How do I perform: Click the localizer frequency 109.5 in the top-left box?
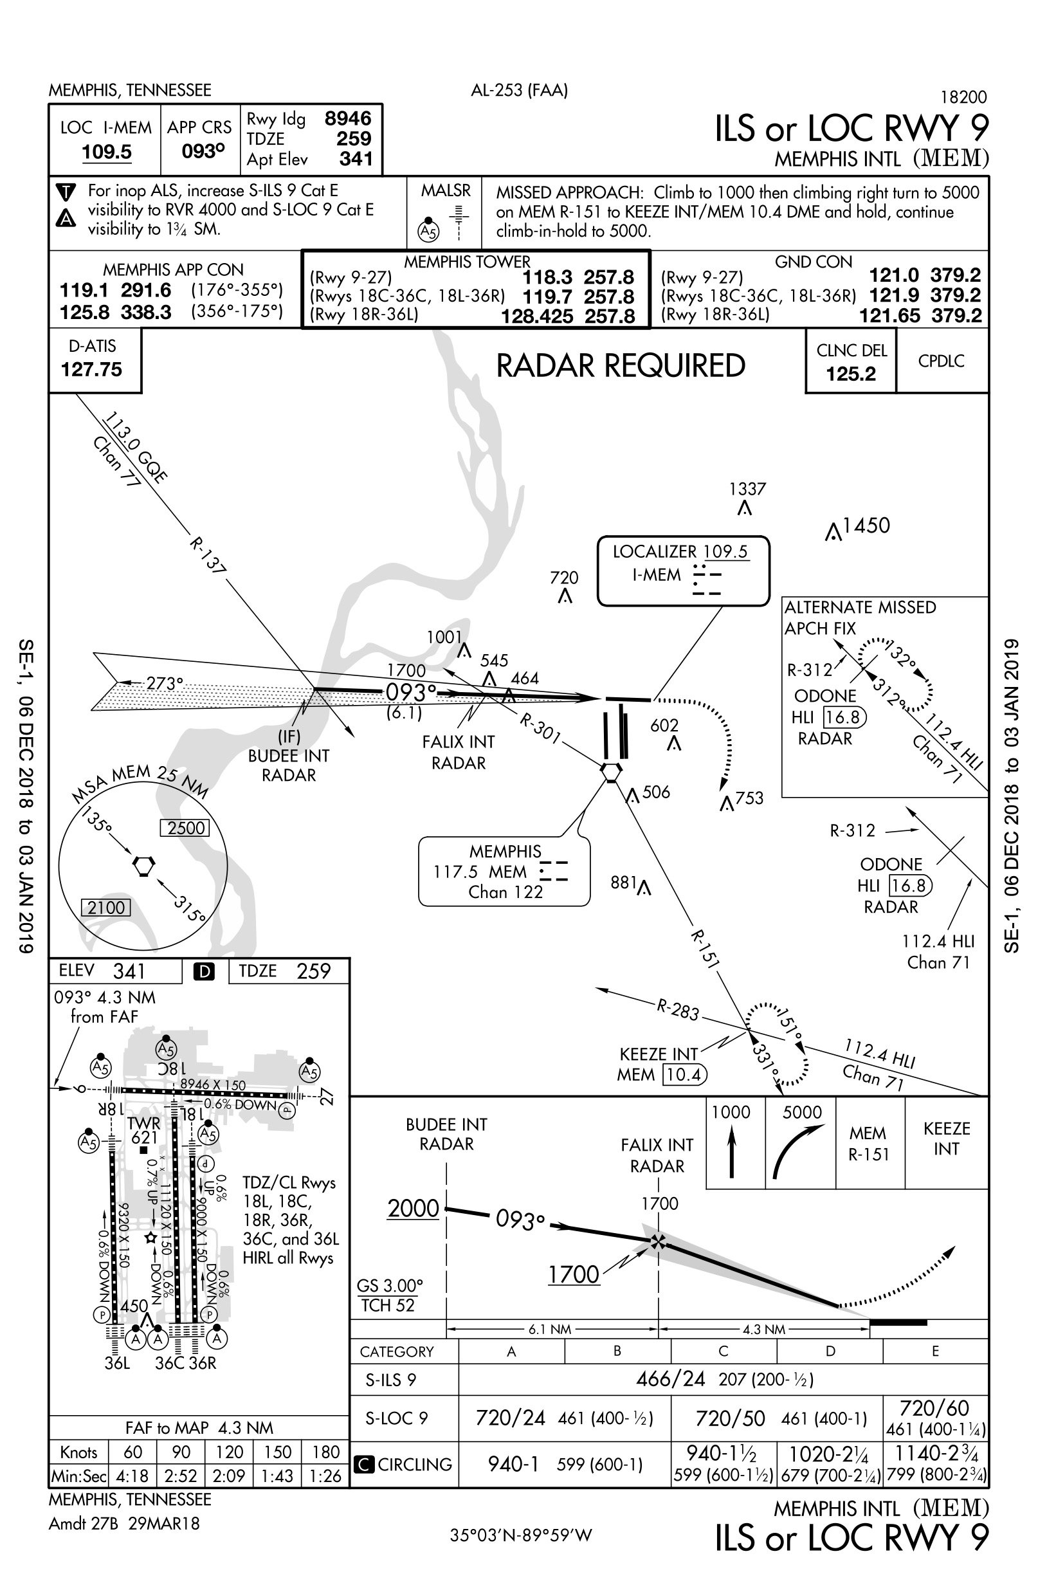106,152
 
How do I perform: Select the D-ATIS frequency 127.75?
91,369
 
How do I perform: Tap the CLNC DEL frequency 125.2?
851,374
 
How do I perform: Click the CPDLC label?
941,361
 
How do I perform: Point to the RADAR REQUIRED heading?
620,366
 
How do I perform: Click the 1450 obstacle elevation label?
866,526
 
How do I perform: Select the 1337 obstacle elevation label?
747,489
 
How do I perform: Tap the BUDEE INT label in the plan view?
288,756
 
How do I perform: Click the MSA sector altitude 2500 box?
185,828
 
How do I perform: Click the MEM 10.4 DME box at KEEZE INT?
684,1075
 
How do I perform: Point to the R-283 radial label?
677,1009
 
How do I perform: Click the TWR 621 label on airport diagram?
144,1130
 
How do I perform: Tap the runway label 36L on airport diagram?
118,1362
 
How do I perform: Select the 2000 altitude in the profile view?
414,1209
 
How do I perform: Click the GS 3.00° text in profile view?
390,1286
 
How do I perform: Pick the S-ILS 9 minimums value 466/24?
670,1379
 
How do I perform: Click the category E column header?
935,1351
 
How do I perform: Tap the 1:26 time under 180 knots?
325,1476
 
